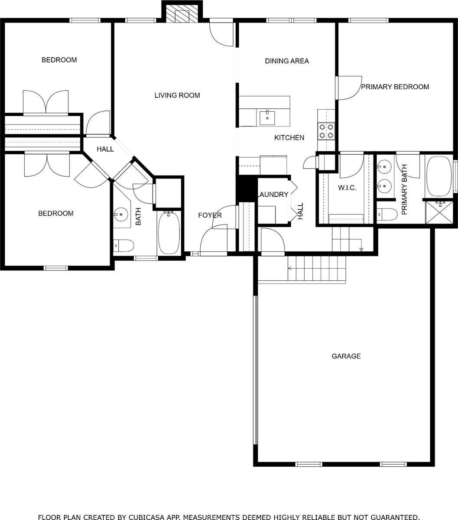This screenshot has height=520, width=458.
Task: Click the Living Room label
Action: [x=177, y=95]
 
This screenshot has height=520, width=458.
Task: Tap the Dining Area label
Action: [x=287, y=61]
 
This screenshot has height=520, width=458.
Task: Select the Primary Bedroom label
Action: [x=395, y=87]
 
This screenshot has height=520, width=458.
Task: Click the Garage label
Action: [x=346, y=356]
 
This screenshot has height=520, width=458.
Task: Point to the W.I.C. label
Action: [x=347, y=188]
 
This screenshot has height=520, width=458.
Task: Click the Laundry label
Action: [x=273, y=195]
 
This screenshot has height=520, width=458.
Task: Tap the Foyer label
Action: [x=210, y=215]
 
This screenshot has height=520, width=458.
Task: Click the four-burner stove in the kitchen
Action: [x=326, y=131]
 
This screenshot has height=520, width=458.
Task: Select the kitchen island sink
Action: [x=267, y=118]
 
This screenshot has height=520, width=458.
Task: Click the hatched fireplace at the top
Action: [x=182, y=13]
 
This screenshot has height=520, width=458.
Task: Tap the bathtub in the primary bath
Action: [x=439, y=176]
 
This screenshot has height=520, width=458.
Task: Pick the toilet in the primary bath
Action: [x=387, y=214]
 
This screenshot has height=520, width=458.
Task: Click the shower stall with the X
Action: [x=439, y=212]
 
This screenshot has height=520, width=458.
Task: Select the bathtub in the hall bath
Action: [x=169, y=233]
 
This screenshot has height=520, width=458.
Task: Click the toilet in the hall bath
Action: [x=123, y=246]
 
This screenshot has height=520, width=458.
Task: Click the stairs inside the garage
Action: [x=317, y=268]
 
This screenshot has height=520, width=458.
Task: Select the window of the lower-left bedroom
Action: [x=56, y=268]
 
